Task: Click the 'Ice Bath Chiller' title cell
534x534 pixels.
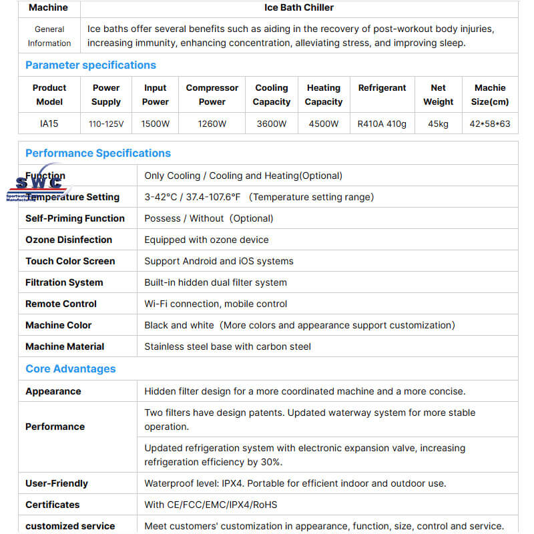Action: (x=298, y=8)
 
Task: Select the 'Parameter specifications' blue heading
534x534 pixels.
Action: (x=90, y=65)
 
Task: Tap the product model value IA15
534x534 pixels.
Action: (x=49, y=123)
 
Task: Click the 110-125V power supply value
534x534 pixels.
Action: (x=106, y=123)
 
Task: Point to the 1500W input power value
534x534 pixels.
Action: (x=156, y=123)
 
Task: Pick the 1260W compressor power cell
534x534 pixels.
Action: (x=212, y=123)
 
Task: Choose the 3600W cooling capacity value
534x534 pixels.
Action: (x=272, y=123)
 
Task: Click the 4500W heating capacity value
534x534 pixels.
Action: (x=324, y=123)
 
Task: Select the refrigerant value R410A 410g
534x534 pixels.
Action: (x=382, y=123)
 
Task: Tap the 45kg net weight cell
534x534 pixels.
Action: (x=438, y=123)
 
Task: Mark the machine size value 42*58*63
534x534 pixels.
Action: (x=490, y=123)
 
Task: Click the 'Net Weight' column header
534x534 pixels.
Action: (x=438, y=95)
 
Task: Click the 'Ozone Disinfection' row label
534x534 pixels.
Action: (x=69, y=240)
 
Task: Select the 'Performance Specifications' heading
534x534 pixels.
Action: (x=98, y=153)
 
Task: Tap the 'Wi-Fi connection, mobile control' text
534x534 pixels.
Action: (x=216, y=304)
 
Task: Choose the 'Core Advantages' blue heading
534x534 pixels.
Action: (x=70, y=368)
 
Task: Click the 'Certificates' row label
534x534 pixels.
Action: (x=52, y=505)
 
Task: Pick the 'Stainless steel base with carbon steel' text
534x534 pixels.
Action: (x=228, y=346)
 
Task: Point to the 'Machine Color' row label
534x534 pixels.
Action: (x=59, y=325)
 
